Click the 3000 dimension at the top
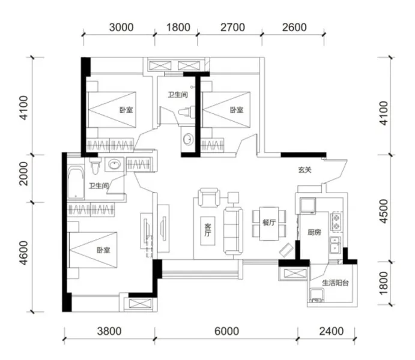121,27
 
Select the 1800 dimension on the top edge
178,27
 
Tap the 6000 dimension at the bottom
226,331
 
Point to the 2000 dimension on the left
23,173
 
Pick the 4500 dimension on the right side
383,211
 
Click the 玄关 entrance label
305,170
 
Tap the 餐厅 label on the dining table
269,222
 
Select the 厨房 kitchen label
314,232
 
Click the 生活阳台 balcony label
335,283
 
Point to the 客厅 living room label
208,230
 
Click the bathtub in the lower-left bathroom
76,182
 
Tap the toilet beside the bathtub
95,166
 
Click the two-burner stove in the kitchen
336,221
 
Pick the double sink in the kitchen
335,245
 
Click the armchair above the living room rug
209,197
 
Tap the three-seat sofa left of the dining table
233,231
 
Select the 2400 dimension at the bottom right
332,331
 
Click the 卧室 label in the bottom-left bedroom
103,250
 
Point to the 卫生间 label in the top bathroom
178,95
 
